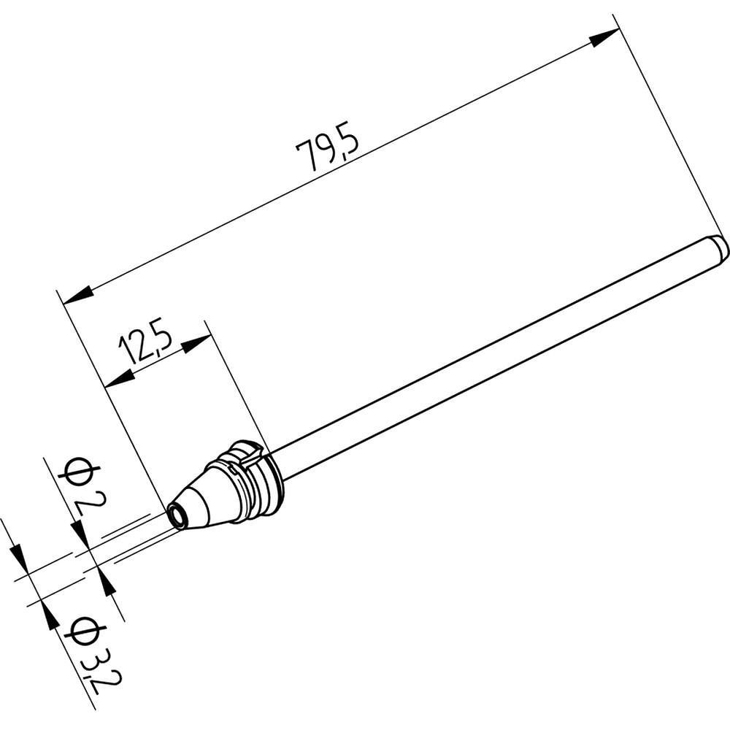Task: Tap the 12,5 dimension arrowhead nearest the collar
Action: pos(196,343)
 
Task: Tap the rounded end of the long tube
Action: pos(720,246)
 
